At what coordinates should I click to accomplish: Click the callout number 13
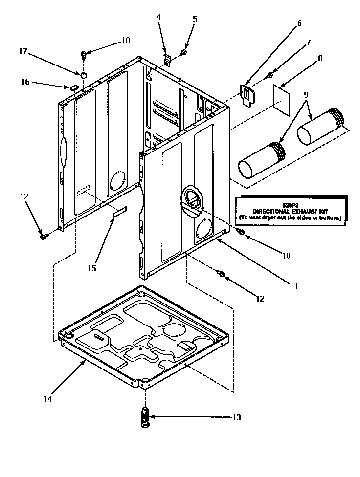[x=236, y=417]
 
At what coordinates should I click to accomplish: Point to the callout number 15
[x=92, y=268]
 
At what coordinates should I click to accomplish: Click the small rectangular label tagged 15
[x=119, y=211]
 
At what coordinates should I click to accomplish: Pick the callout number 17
[x=22, y=51]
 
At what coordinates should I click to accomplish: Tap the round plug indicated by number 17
[x=84, y=75]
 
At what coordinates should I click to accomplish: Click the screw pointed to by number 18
[x=84, y=53]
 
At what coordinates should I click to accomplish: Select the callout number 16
[x=25, y=82]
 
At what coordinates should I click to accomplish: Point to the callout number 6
[x=299, y=23]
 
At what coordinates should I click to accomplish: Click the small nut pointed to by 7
[x=270, y=75]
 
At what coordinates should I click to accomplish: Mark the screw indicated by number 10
[x=241, y=232]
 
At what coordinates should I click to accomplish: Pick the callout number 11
[x=293, y=287]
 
